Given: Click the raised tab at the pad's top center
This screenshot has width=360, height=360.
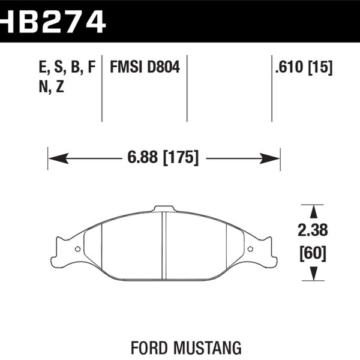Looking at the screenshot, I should (163, 209).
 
